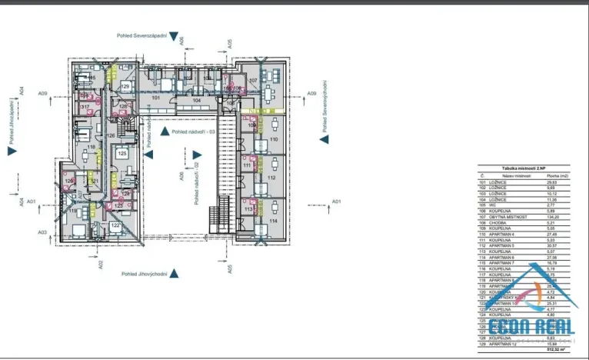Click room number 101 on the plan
click(x=155, y=98)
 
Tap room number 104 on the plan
click(x=196, y=100)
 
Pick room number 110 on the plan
click(x=274, y=140)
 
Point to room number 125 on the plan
click(x=122, y=154)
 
